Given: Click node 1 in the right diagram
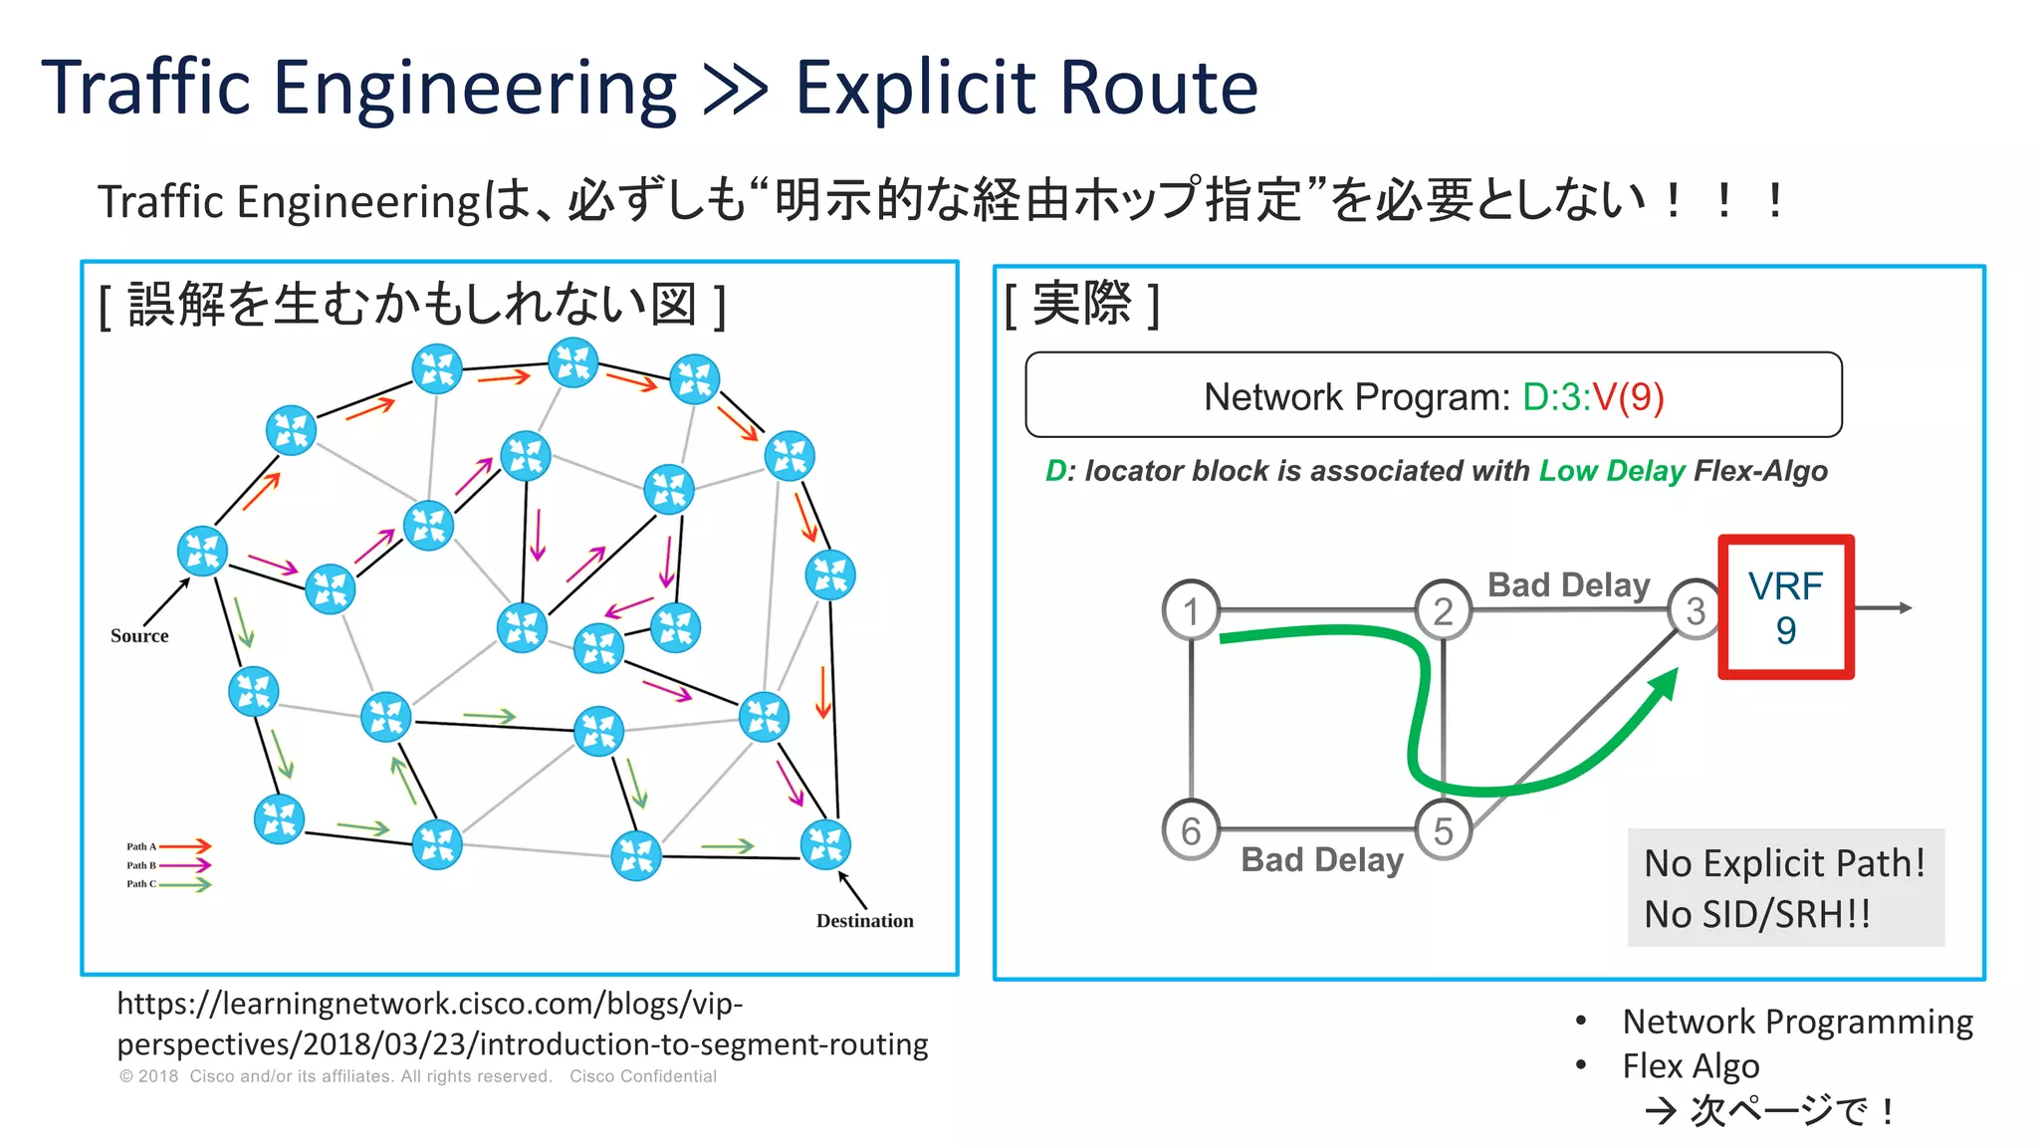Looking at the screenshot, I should click(1191, 609).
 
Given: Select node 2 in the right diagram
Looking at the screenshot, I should click(1443, 609).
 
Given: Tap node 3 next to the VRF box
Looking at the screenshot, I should click(1696, 609).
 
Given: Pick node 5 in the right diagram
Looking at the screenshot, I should click(1443, 830).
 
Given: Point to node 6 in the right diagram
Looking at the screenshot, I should click(1191, 830).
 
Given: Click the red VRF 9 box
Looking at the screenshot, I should click(1786, 607).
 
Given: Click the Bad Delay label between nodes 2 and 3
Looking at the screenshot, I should click(1568, 584).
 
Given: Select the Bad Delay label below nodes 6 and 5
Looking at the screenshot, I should click(1321, 859).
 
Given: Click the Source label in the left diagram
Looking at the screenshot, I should click(139, 635).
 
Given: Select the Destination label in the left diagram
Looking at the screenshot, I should click(864, 921).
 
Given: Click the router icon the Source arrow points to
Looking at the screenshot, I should click(202, 551).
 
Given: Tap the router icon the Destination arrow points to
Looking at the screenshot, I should click(825, 844).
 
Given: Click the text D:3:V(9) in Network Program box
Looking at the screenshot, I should click(1593, 396).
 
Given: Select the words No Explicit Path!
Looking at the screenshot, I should click(1784, 863).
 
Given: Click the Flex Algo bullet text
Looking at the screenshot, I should click(1691, 1065).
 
